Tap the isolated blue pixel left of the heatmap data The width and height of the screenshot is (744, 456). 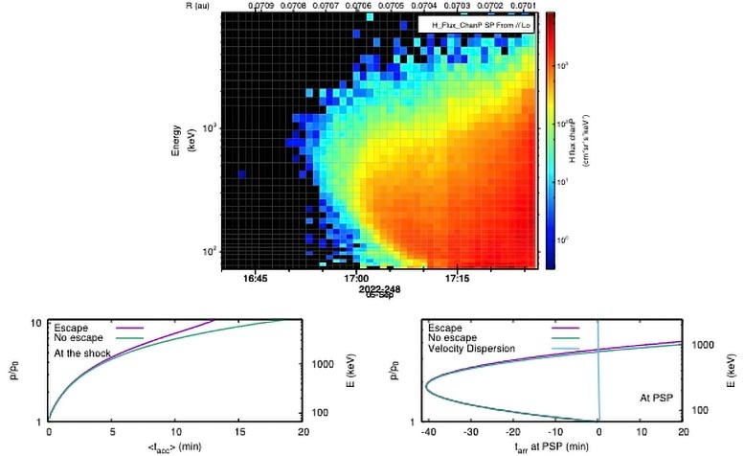click(242, 174)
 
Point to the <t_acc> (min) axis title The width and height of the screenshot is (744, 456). click(174, 446)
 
